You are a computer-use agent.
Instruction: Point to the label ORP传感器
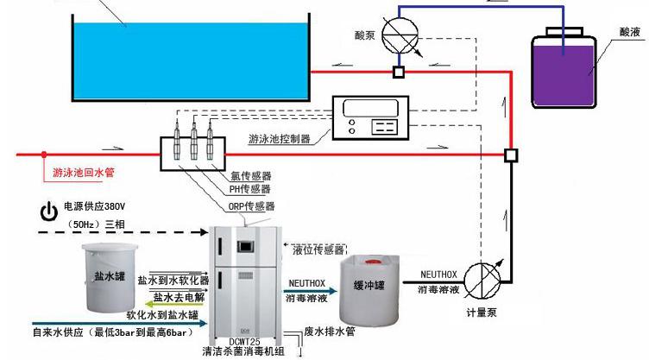[252, 206]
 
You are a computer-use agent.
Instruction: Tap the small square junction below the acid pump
[398, 72]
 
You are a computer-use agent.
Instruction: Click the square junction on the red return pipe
[510, 155]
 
